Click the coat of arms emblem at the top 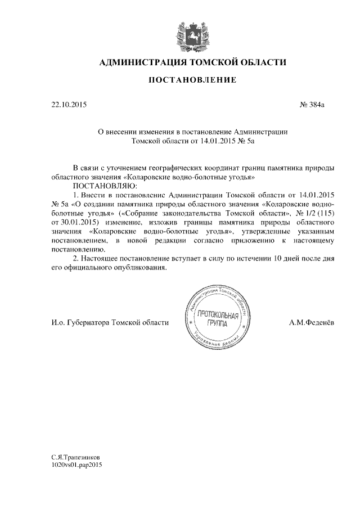(192, 34)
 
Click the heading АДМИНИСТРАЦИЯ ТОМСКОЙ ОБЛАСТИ (192, 62)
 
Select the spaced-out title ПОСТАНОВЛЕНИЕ (192, 81)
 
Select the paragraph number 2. (76, 258)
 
